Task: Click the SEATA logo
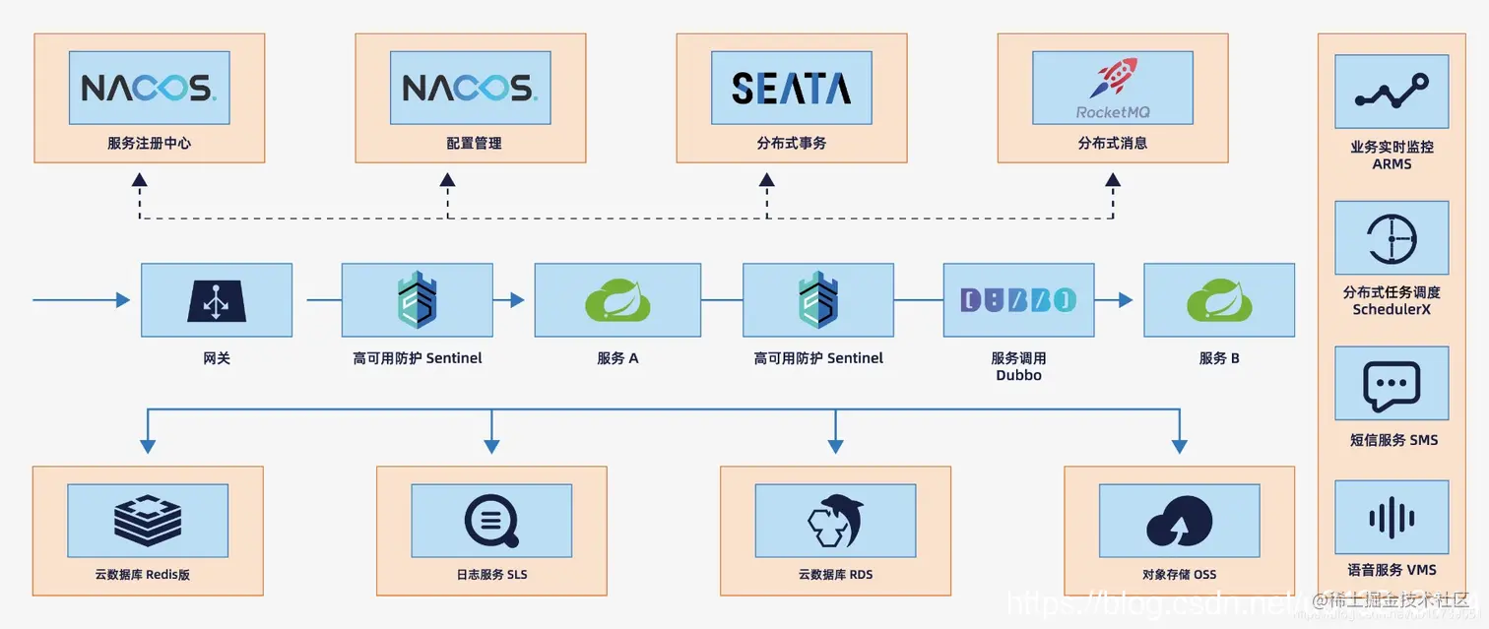[791, 89]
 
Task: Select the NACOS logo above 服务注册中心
[149, 89]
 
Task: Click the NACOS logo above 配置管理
[469, 89]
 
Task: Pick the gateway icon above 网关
[216, 300]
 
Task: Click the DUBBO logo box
[1018, 300]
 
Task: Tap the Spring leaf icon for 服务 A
[617, 300]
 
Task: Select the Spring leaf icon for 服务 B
[1218, 300]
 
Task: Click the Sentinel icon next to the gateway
[417, 300]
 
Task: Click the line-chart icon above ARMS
[1391, 92]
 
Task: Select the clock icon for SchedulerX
[1391, 238]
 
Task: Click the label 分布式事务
[791, 144]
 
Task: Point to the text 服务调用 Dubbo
[1018, 366]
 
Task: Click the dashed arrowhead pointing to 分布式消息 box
[1113, 180]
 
